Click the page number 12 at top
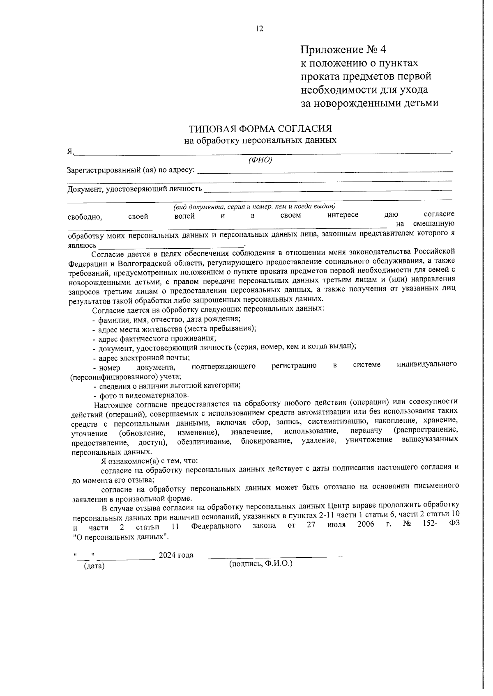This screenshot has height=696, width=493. click(259, 29)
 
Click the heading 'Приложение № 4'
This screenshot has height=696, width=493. click(343, 50)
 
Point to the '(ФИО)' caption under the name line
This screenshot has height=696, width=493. click(260, 160)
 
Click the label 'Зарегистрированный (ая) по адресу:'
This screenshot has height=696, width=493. click(131, 170)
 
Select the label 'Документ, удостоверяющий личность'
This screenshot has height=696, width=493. click(134, 189)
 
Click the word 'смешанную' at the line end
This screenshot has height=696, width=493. click(433, 224)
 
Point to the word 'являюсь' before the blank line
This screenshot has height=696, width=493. click(82, 245)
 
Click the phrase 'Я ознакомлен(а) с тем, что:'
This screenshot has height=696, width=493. click(150, 461)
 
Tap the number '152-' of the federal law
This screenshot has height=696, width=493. click(429, 524)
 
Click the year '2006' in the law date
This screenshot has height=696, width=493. click(366, 525)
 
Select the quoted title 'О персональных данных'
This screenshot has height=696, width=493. click(121, 537)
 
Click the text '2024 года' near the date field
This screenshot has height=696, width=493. click(176, 555)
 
